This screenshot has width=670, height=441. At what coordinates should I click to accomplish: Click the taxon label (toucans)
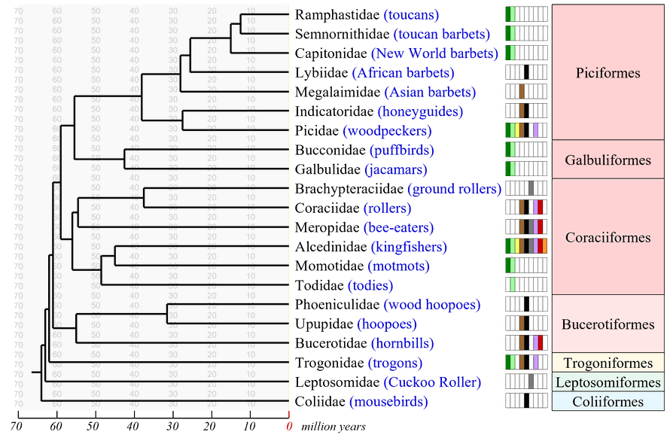411,15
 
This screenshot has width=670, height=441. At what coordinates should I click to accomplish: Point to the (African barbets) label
404,73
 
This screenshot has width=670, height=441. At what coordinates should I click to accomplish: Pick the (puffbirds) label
401,151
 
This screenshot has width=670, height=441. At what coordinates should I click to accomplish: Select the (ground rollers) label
453,189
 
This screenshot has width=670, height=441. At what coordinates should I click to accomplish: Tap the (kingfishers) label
410,247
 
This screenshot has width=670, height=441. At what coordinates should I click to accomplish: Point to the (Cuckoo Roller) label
432,383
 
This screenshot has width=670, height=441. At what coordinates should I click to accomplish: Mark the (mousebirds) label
388,402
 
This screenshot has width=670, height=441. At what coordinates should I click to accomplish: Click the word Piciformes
607,73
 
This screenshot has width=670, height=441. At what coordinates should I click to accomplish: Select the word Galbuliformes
607,160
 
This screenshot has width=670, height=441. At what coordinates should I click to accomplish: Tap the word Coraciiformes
607,237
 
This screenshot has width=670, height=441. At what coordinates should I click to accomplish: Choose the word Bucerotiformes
607,324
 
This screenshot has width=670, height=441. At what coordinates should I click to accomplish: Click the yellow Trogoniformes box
607,363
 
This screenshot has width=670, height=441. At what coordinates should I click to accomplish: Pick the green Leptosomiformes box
607,382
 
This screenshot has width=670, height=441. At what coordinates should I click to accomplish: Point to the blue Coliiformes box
607,402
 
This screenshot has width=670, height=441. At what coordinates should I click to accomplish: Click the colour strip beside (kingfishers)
525,247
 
